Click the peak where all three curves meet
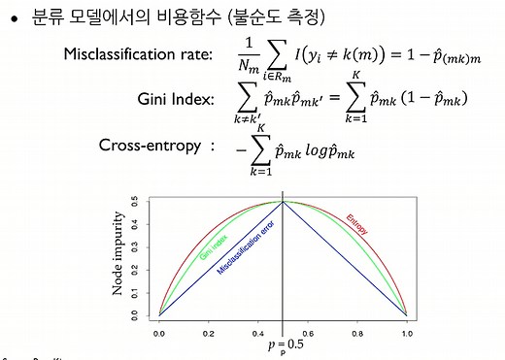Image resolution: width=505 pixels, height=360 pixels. click(283, 201)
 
